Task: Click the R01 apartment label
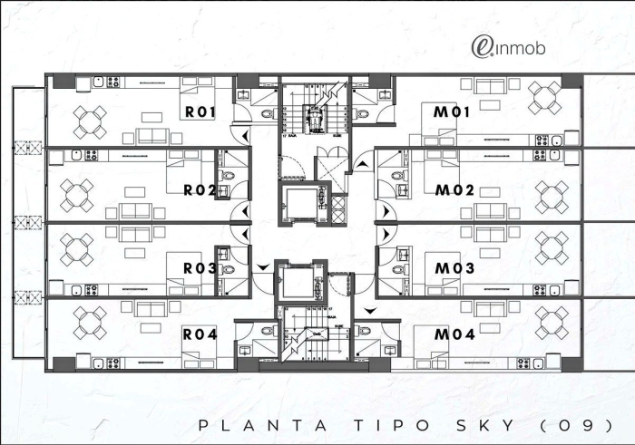(199, 112)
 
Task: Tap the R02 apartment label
(199, 190)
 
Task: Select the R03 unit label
(199, 268)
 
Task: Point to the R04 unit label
(199, 334)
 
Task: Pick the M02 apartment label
(454, 190)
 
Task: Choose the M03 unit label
(454, 268)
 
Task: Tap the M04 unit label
(454, 334)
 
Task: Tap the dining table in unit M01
(545, 95)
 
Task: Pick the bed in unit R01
(196, 92)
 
